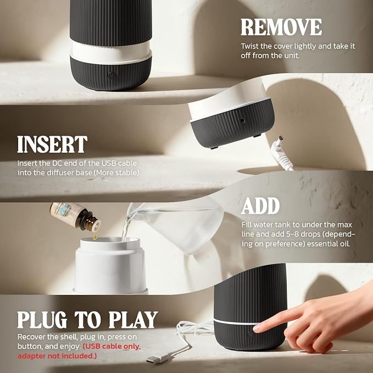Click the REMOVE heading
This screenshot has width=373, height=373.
coord(281,27)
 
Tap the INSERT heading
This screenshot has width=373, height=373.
coord(52,144)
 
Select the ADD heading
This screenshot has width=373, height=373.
coord(260,206)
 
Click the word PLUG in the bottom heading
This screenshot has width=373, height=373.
coord(42,320)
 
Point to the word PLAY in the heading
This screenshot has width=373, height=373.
coord(133,320)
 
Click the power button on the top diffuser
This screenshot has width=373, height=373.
coord(112,75)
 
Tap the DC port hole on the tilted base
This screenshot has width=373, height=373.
coord(242,120)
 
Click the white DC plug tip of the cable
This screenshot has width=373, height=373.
coord(281,138)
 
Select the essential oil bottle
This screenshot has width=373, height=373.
coord(75,216)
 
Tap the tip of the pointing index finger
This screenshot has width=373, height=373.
coord(257,329)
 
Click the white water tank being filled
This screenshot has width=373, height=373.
coord(110,266)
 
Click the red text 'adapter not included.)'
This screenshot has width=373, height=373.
coord(57,356)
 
